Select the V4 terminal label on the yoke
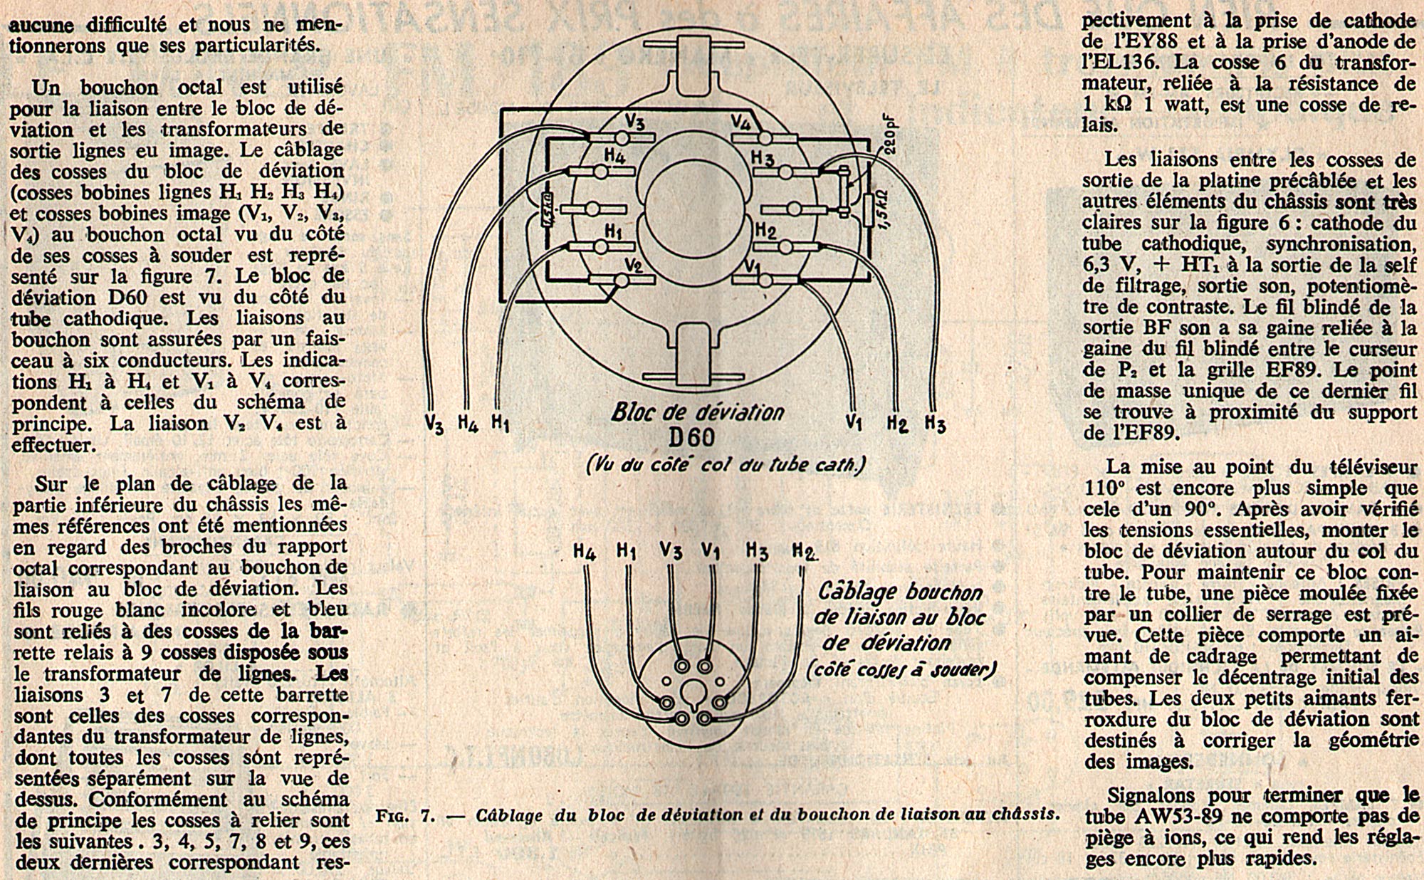click(x=741, y=122)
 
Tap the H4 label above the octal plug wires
click(x=585, y=552)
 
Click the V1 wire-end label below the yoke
click(x=854, y=423)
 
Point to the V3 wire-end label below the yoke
click(x=434, y=424)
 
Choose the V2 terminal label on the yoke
click(x=634, y=266)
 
